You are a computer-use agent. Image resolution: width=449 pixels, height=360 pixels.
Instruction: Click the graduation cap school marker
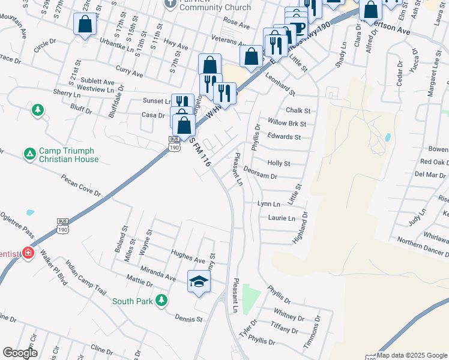tap(199, 281)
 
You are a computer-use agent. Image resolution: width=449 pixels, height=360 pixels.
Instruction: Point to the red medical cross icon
tap(28, 254)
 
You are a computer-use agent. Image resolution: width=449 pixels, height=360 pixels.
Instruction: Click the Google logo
tap(20, 353)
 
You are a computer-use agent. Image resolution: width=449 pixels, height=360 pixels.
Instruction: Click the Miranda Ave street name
tap(158, 274)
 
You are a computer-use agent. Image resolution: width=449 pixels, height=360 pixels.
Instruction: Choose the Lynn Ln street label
tap(268, 205)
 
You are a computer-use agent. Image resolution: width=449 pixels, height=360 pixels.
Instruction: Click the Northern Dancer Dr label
tap(423, 245)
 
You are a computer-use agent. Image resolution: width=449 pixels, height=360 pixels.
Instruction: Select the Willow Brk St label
tap(287, 124)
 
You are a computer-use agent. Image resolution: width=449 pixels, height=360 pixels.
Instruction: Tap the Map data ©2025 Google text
tap(412, 355)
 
